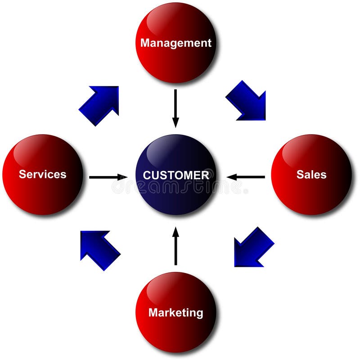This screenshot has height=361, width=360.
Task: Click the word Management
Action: (175, 43)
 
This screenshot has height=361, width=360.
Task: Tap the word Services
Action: (42, 174)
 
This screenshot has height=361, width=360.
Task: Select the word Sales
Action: (311, 174)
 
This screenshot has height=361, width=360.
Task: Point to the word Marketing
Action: (175, 312)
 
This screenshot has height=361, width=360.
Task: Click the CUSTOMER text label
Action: (175, 175)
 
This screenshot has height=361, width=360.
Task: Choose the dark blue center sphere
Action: (175, 194)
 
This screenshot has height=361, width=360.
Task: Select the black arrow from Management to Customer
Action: (175, 108)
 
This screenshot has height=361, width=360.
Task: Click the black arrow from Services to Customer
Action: (108, 177)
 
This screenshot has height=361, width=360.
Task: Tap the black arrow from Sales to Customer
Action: (246, 177)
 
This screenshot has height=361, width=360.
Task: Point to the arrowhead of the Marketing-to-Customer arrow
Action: (175, 231)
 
